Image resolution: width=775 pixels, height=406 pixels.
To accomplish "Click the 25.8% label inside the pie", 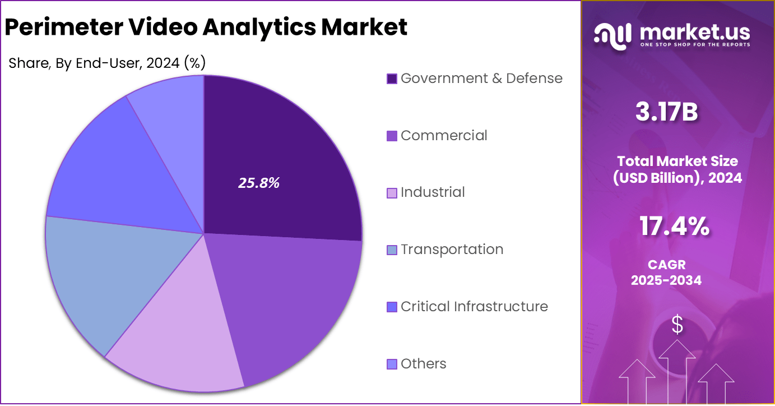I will coord(259,183).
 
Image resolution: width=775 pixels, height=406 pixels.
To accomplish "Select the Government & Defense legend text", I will coord(481,79).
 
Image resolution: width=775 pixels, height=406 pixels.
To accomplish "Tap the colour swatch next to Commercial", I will coord(392,136).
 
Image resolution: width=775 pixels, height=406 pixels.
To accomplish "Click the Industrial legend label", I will coord(433,192).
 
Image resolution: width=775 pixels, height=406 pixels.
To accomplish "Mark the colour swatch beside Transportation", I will coord(392,250).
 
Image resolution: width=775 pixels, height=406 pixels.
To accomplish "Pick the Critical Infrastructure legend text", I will coord(474,307).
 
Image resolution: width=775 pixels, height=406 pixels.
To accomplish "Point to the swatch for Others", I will coord(392,365).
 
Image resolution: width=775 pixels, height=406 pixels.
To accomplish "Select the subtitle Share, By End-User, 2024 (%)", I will coord(107,63).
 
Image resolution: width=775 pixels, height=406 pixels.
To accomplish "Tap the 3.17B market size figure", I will coord(666,112).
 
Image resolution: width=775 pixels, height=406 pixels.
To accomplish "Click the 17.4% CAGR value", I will coord(674,227).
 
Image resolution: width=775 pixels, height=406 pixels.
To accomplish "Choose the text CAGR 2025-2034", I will coord(666,273).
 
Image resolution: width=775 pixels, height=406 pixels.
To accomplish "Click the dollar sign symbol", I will coord(677,324).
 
